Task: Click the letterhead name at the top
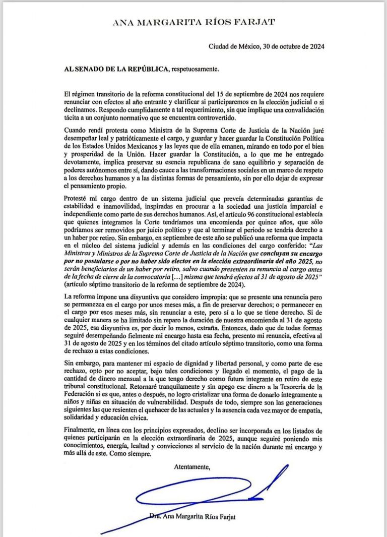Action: click(193, 22)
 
